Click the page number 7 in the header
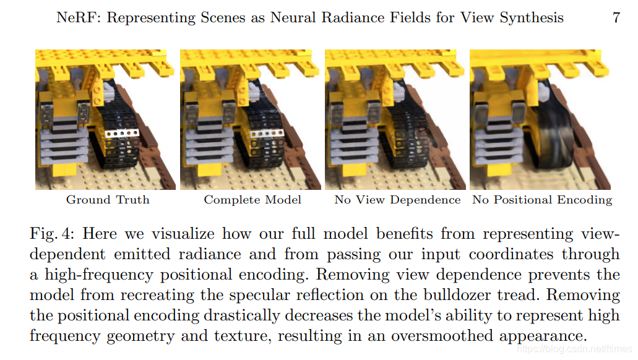(616, 17)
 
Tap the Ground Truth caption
(108, 200)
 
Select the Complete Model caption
(252, 200)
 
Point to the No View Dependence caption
(397, 200)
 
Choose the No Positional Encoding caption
(542, 200)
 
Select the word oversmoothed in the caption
(444, 336)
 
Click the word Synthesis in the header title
(531, 17)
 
